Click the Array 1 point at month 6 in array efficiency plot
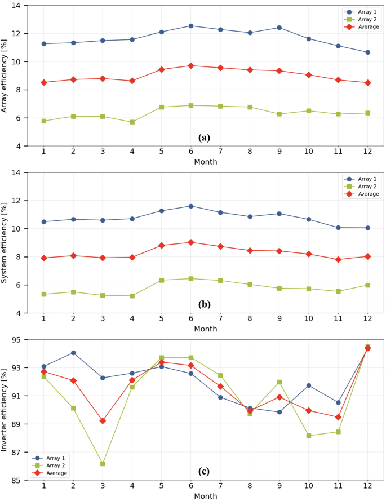pos(191,26)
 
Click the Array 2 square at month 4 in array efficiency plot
pos(132,122)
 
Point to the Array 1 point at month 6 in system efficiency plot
pos(191,206)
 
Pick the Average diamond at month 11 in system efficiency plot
pos(338,260)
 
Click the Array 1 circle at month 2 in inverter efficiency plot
pos(73,353)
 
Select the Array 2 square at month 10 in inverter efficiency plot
pos(309,436)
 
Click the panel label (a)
pos(204,137)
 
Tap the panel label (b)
pos(204,304)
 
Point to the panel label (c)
pos(204,471)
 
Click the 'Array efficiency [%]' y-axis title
pos(5,75)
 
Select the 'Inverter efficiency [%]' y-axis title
pos(5,410)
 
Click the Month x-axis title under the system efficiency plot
pos(206,329)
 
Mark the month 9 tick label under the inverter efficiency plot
pos(279,486)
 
